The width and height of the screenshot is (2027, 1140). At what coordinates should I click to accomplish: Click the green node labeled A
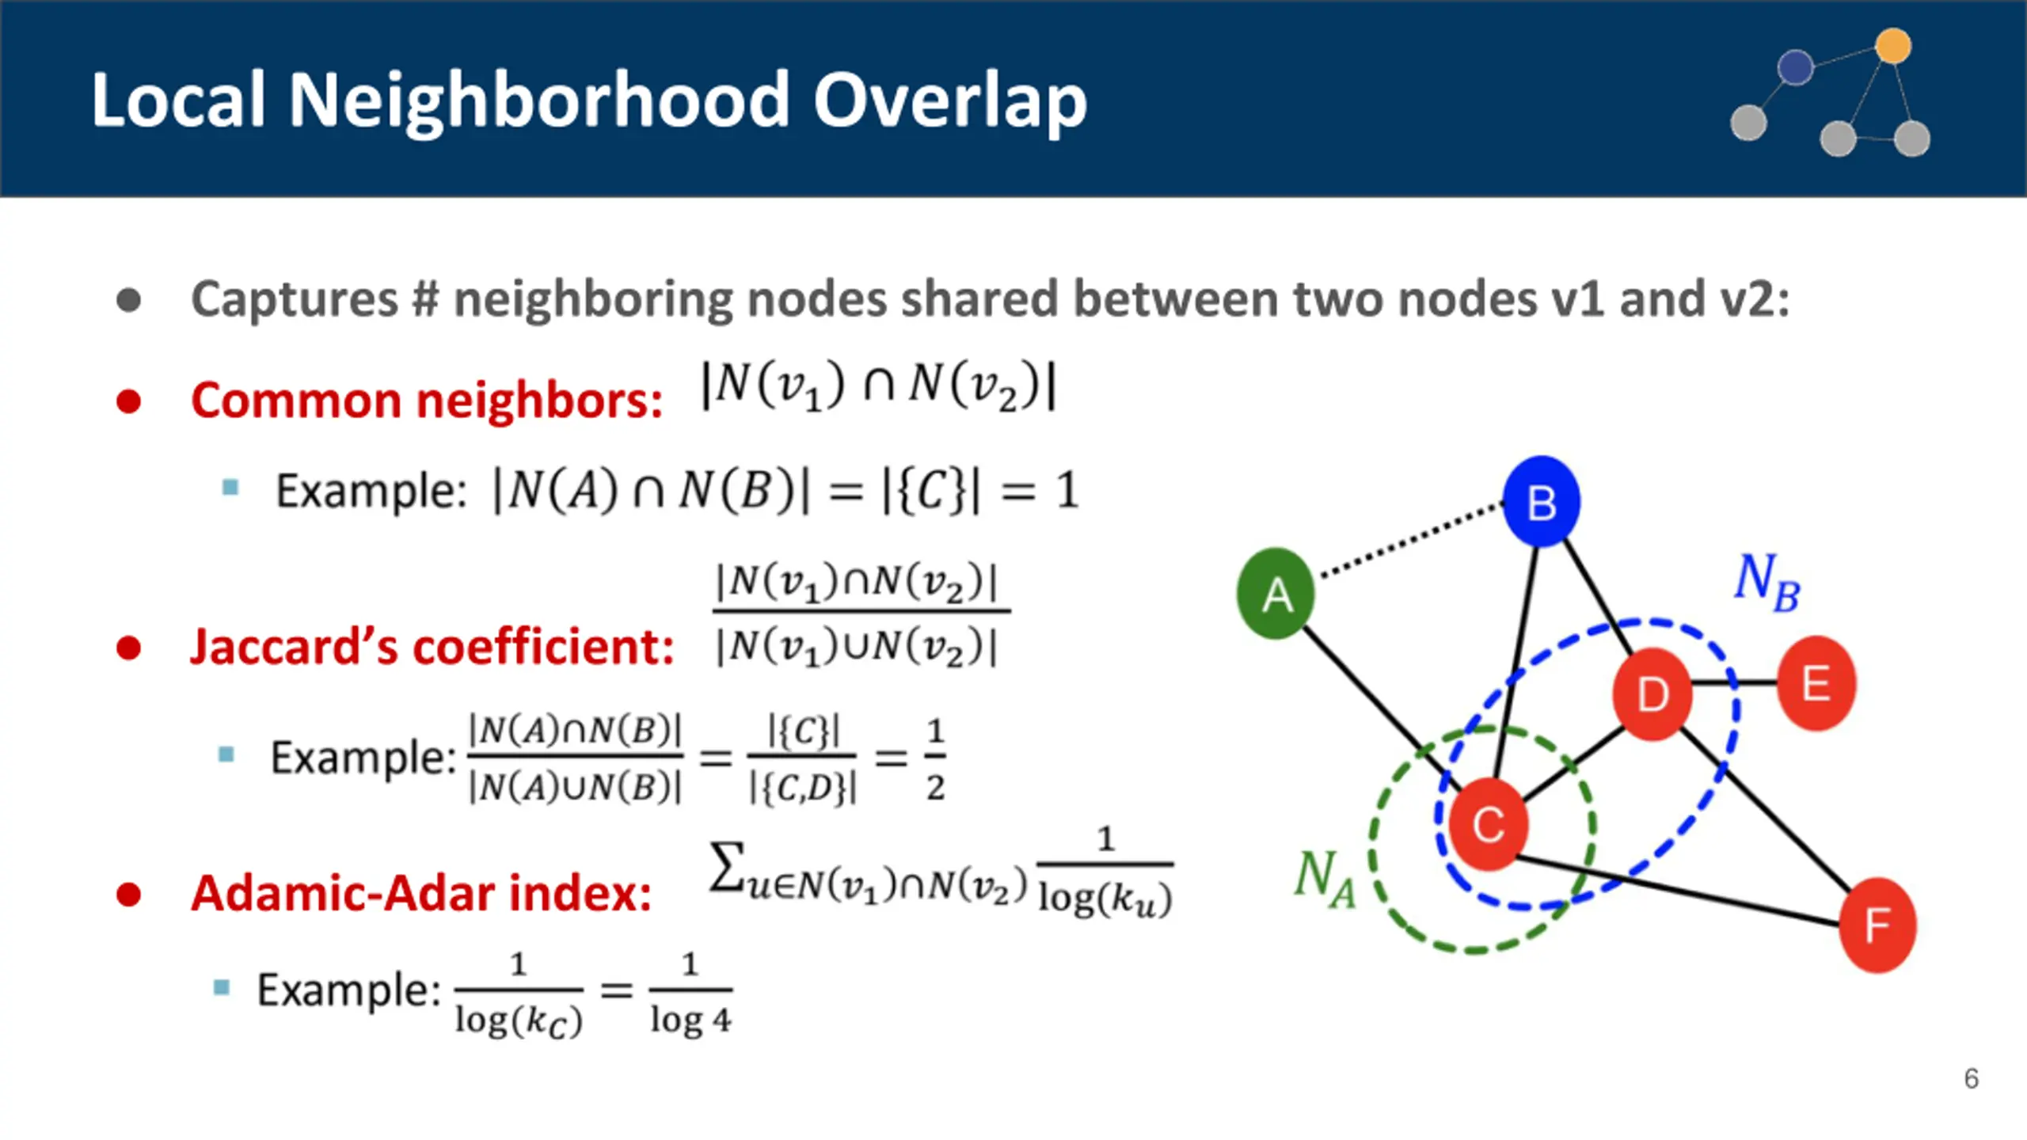[x=1276, y=594]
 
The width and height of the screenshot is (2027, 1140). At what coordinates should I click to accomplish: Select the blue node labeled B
[x=1541, y=502]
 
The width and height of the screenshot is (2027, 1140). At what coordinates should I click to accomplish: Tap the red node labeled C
[x=1488, y=824]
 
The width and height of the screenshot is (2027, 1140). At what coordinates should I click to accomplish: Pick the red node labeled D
[x=1652, y=693]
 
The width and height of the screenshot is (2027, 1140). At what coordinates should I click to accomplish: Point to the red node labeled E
[x=1816, y=682]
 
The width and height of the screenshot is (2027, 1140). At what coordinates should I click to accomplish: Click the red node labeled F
[x=1877, y=925]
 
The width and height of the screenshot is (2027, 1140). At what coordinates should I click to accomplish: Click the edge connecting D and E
[x=1734, y=682]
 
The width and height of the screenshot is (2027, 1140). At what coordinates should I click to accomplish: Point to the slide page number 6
[x=1971, y=1078]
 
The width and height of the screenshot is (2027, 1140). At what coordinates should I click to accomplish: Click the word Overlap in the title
[x=949, y=101]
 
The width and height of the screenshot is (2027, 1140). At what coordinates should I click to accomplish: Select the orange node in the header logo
[x=1893, y=46]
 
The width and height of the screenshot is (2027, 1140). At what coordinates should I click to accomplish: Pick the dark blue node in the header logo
[x=1795, y=67]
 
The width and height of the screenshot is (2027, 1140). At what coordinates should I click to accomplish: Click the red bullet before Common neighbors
[x=128, y=401]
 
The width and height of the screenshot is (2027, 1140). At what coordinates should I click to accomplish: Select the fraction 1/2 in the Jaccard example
[x=935, y=758]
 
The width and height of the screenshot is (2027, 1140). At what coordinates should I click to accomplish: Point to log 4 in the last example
[x=690, y=1019]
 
